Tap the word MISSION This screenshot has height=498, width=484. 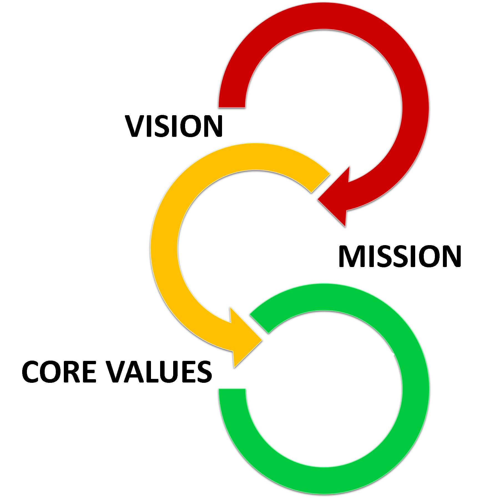(400, 256)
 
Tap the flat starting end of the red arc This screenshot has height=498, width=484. (232, 107)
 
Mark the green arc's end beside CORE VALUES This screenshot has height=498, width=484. (232, 389)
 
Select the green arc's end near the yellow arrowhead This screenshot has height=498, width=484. (259, 324)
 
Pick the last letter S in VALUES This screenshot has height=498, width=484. (204, 372)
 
